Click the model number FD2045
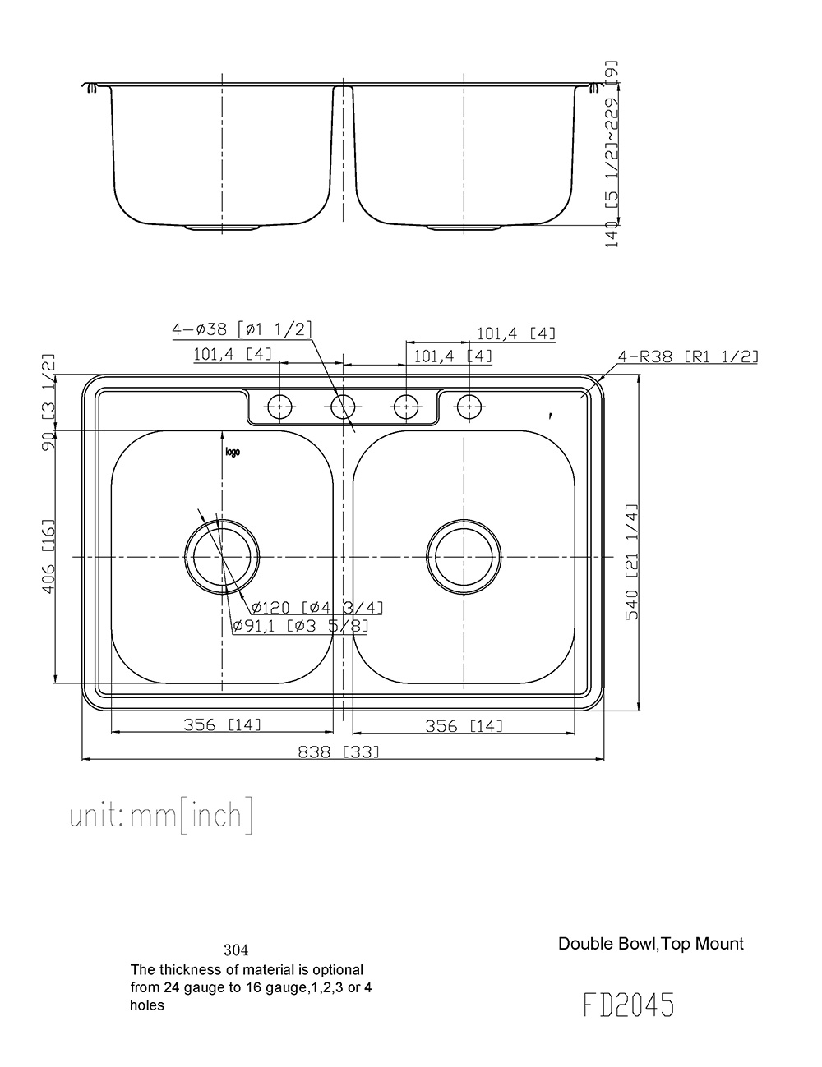[x=629, y=1005]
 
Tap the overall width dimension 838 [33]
[x=344, y=751]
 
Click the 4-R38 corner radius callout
[x=688, y=356]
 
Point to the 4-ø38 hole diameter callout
[x=242, y=329]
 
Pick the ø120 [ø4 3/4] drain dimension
[x=317, y=608]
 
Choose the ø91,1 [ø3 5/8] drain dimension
[x=300, y=626]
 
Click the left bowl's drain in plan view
[x=222, y=557]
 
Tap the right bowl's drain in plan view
[x=464, y=557]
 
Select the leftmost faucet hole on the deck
[x=280, y=406]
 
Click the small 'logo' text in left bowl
[x=233, y=452]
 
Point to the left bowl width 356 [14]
[x=222, y=724]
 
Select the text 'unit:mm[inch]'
[x=162, y=815]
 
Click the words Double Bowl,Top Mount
[x=650, y=943]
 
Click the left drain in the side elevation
[x=222, y=226]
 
